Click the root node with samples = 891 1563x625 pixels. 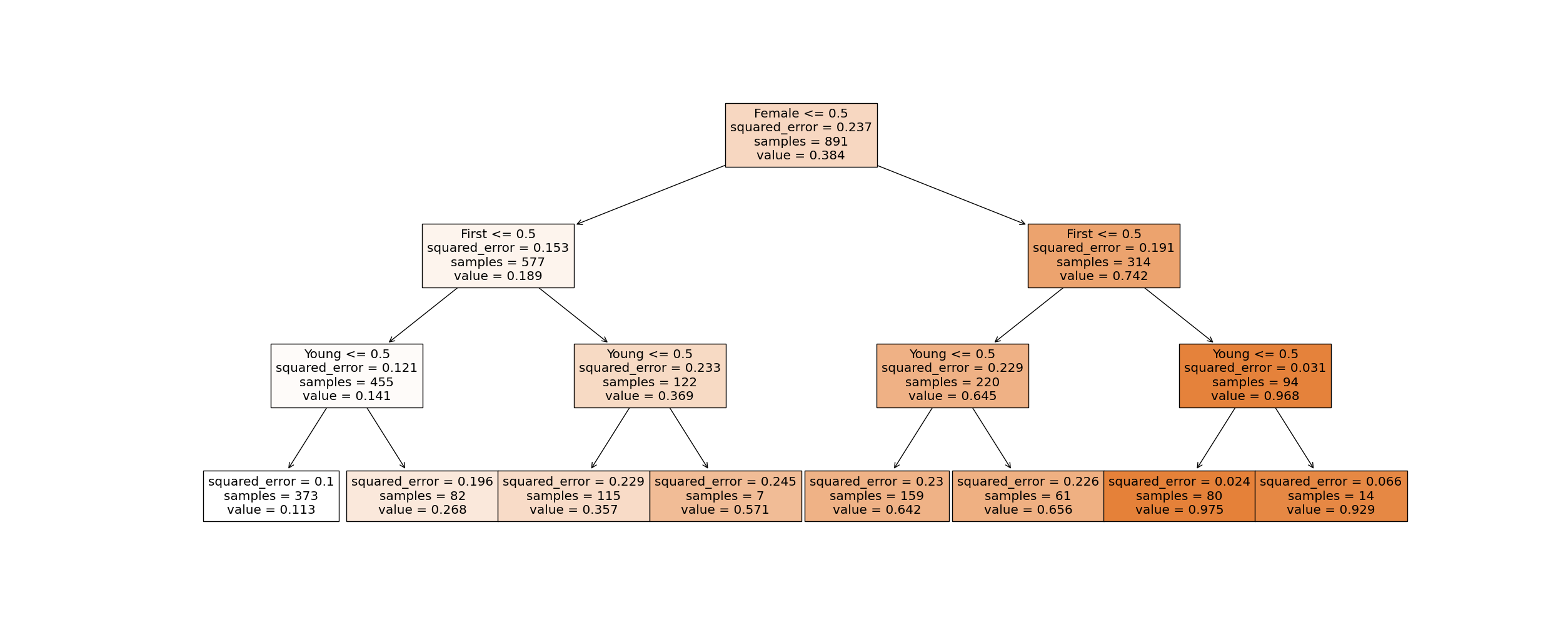(x=801, y=135)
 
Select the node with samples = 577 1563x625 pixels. (x=498, y=256)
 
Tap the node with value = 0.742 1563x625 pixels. (x=1103, y=256)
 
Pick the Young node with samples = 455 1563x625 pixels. (x=346, y=376)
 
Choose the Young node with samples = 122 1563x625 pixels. (x=650, y=376)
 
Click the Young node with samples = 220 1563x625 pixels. (x=952, y=376)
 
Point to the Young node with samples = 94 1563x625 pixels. (x=1255, y=376)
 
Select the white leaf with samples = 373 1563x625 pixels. (x=271, y=496)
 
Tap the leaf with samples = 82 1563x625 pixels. (x=422, y=496)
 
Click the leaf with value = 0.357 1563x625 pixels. (x=573, y=496)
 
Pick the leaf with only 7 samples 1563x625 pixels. (x=725, y=496)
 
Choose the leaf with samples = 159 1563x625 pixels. (x=877, y=496)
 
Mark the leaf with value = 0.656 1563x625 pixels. (x=1028, y=496)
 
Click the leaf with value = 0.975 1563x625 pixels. (x=1179, y=496)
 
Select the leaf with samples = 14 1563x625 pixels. (x=1331, y=496)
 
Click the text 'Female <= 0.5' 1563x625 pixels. (x=801, y=114)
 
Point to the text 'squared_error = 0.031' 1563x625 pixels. (x=1255, y=368)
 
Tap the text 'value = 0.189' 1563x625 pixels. (x=498, y=276)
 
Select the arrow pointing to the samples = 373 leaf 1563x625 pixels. (x=308, y=437)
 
